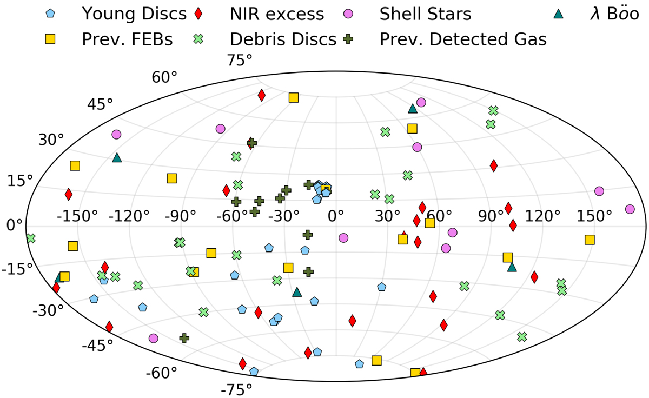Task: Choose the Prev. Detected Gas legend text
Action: (463, 39)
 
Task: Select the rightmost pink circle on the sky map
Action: (630, 209)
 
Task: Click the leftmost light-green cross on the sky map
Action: (31, 238)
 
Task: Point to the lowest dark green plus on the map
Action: (184, 338)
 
